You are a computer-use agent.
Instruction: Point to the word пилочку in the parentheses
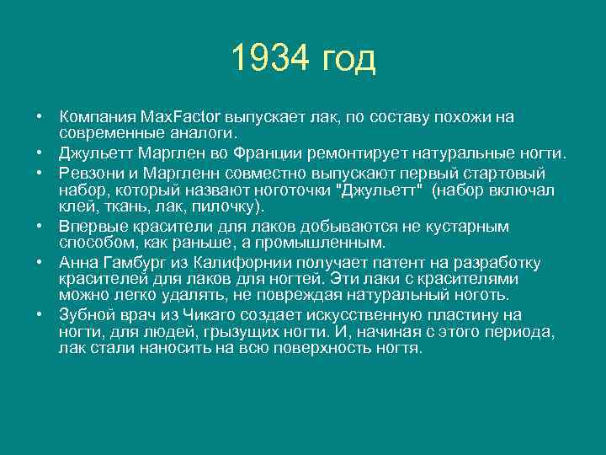pos(231,206)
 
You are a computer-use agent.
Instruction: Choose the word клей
pos(74,206)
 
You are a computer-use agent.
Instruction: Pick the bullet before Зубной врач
pos(39,315)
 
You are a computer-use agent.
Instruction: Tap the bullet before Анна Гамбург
pos(39,263)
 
